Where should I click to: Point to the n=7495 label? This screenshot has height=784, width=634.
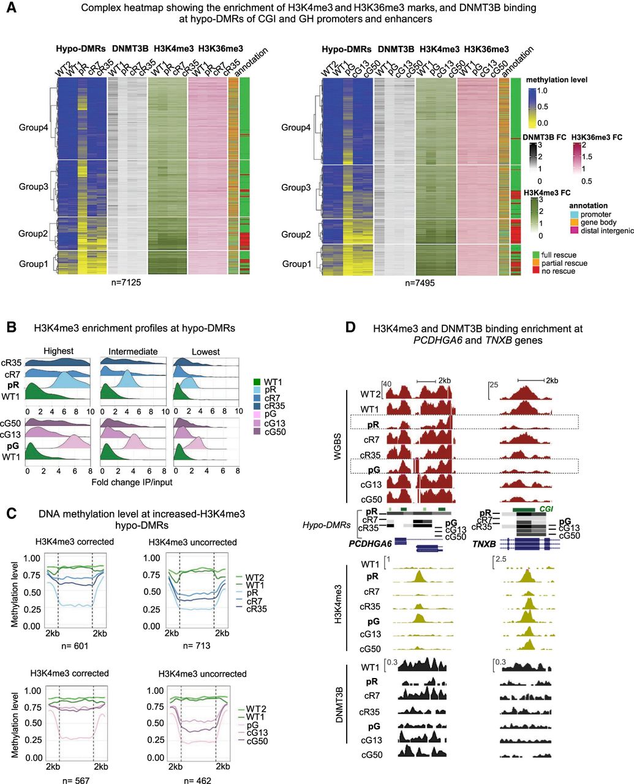pyautogui.click(x=422, y=283)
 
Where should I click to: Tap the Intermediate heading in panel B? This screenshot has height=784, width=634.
pyautogui.click(x=133, y=351)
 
